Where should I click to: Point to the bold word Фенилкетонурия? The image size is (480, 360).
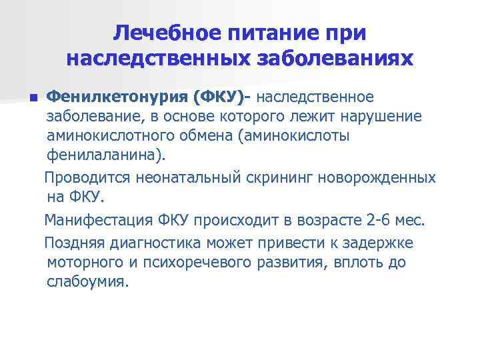point(115,99)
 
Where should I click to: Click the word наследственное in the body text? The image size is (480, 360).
point(315,99)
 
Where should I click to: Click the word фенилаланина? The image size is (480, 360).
point(103,156)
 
